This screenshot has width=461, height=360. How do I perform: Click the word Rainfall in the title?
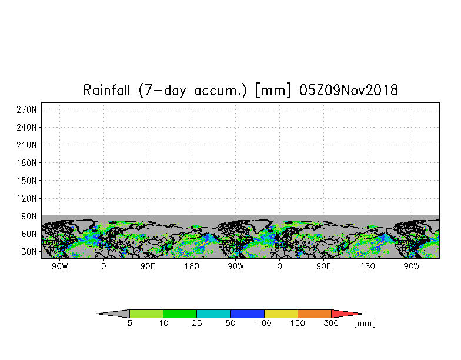[x=106, y=90]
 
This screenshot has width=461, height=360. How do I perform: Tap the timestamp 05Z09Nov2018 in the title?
[x=349, y=90]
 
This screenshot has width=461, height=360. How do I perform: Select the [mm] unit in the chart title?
[x=273, y=90]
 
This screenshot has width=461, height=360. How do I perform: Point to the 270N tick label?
[x=27, y=109]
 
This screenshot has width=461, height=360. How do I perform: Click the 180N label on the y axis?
[x=27, y=162]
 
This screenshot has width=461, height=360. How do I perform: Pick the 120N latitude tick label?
[x=27, y=199]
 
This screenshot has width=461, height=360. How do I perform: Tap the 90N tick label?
[x=29, y=216]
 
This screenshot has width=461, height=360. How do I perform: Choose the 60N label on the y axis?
[x=29, y=234]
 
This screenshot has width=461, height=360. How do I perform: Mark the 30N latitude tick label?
[x=29, y=252]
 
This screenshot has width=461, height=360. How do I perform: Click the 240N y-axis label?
[x=27, y=127]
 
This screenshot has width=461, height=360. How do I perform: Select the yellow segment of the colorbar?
[x=281, y=314]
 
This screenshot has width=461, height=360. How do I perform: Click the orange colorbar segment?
[x=315, y=314]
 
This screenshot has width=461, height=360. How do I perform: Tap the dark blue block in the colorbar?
[x=248, y=314]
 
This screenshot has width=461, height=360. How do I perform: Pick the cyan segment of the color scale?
[x=214, y=314]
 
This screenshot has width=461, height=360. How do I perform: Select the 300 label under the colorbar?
[x=332, y=324]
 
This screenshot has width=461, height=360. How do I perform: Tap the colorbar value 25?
[x=197, y=324]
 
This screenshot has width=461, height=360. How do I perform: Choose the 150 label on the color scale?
[x=298, y=324]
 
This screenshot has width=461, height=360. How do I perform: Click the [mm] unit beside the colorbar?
[x=365, y=324]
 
